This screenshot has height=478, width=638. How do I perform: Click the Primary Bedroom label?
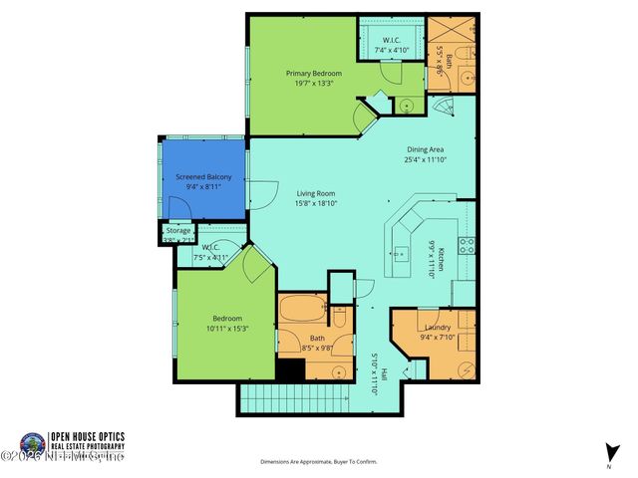pyautogui.click(x=314, y=74)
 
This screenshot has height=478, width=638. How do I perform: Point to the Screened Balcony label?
pyautogui.click(x=203, y=176)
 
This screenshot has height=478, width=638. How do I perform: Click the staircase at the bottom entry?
pyautogui.click(x=294, y=399)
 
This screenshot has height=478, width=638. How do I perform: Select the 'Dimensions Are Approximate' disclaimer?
pyautogui.click(x=319, y=462)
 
